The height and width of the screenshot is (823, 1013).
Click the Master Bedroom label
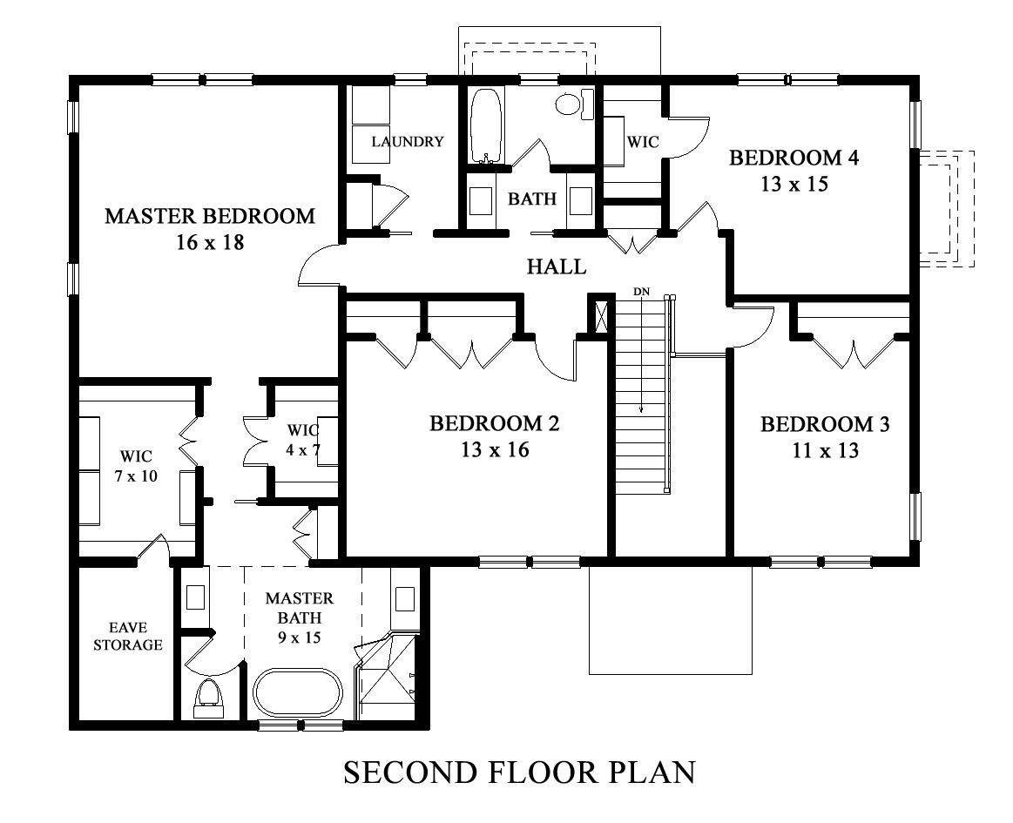click(210, 216)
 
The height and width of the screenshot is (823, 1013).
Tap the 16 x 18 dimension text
click(210, 242)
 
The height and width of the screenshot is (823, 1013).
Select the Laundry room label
click(408, 141)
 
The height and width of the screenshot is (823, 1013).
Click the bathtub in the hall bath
click(484, 125)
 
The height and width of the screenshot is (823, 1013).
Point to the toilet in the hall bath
click(575, 104)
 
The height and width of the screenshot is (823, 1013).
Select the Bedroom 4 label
click(794, 158)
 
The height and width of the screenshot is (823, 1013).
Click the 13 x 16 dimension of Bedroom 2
click(495, 449)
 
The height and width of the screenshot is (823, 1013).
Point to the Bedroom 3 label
click(825, 424)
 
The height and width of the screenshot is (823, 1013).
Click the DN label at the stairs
click(642, 292)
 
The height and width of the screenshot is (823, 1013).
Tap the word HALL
click(557, 266)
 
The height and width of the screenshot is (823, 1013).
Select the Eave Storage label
click(128, 636)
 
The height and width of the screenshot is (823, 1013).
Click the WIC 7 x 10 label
click(136, 466)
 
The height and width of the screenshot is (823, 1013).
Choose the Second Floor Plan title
click(519, 772)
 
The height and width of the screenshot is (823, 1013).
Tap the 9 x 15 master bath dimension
click(300, 637)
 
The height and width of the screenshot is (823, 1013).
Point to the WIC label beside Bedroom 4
click(643, 141)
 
